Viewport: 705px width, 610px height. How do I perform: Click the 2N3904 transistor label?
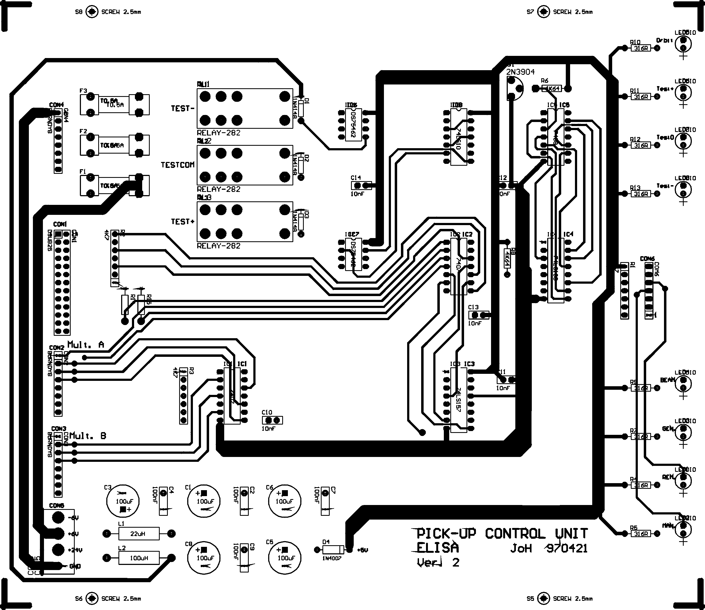point(520,72)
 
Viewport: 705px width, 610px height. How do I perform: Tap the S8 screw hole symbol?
point(92,12)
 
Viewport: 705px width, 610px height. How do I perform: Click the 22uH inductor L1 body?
point(138,533)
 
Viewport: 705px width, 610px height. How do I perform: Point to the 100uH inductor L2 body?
point(138,558)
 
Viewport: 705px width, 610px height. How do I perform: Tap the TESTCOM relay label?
point(178,165)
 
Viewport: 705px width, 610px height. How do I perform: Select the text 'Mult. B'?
point(88,436)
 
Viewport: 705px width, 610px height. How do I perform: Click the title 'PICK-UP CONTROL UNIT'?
point(502,533)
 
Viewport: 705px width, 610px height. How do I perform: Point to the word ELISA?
point(438,548)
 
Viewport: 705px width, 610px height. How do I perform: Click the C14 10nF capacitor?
point(361,185)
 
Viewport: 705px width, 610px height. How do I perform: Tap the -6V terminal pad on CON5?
point(58,517)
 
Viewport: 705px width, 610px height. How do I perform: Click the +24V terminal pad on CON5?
point(58,550)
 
